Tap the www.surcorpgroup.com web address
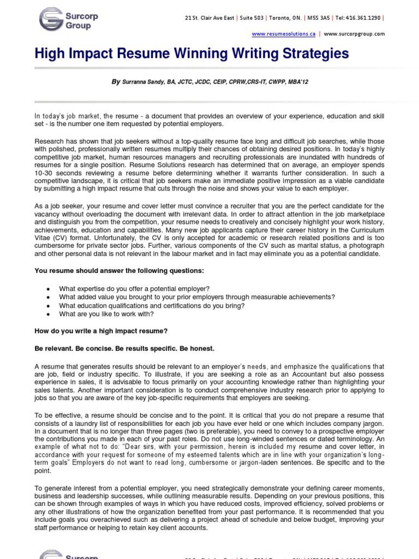click(x=354, y=34)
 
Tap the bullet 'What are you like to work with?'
click(x=106, y=314)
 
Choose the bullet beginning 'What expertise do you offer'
click(x=134, y=288)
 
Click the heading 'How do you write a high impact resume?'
click(x=101, y=331)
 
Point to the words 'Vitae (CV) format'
click(x=63, y=239)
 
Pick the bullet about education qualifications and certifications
click(x=152, y=306)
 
